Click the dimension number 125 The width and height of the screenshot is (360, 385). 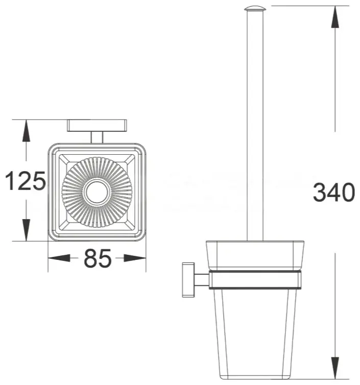(x=26, y=181)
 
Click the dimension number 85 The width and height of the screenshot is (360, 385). (x=98, y=258)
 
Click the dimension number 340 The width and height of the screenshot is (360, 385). (x=334, y=192)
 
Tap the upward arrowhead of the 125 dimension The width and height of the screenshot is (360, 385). (x=26, y=131)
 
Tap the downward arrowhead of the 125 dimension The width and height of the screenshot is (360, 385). (x=26, y=230)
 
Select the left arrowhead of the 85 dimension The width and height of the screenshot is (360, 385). (x=59, y=258)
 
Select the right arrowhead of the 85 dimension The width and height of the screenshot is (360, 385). (x=135, y=258)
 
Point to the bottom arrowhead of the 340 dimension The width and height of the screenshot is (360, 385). (x=335, y=368)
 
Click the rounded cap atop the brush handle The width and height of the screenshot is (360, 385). (x=255, y=9)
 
